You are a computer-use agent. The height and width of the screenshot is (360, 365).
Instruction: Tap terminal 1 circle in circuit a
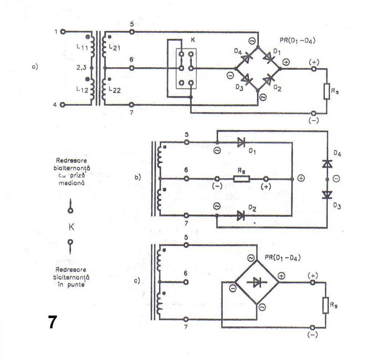(x=63, y=32)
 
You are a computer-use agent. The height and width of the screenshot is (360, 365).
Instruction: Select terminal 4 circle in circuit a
(x=63, y=105)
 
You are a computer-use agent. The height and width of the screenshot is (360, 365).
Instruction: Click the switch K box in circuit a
(x=186, y=69)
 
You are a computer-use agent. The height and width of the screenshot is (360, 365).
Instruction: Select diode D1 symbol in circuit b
(x=241, y=142)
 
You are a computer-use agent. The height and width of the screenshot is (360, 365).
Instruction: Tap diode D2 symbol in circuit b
(x=241, y=216)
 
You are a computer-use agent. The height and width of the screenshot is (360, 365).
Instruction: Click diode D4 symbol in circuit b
(x=327, y=164)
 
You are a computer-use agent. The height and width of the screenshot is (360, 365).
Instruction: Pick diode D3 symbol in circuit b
(x=327, y=195)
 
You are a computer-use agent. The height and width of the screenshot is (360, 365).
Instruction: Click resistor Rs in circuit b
(x=242, y=179)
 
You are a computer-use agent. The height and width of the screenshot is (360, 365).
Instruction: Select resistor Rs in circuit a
(x=326, y=91)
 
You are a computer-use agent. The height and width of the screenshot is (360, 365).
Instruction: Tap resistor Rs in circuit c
(x=325, y=305)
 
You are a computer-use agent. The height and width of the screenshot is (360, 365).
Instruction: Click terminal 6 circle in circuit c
(x=186, y=282)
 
